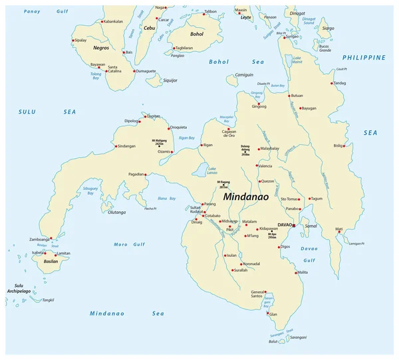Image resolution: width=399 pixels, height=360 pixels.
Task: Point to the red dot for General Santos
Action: click(266, 292)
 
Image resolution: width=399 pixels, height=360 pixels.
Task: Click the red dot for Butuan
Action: click(289, 96)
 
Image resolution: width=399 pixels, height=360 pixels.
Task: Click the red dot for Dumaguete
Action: click(135, 70)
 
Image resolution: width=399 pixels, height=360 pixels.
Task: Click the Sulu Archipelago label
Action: click(15, 288)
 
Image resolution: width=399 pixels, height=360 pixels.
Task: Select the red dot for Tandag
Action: click(332, 83)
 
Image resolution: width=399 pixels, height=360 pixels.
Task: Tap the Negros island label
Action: click(100, 48)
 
